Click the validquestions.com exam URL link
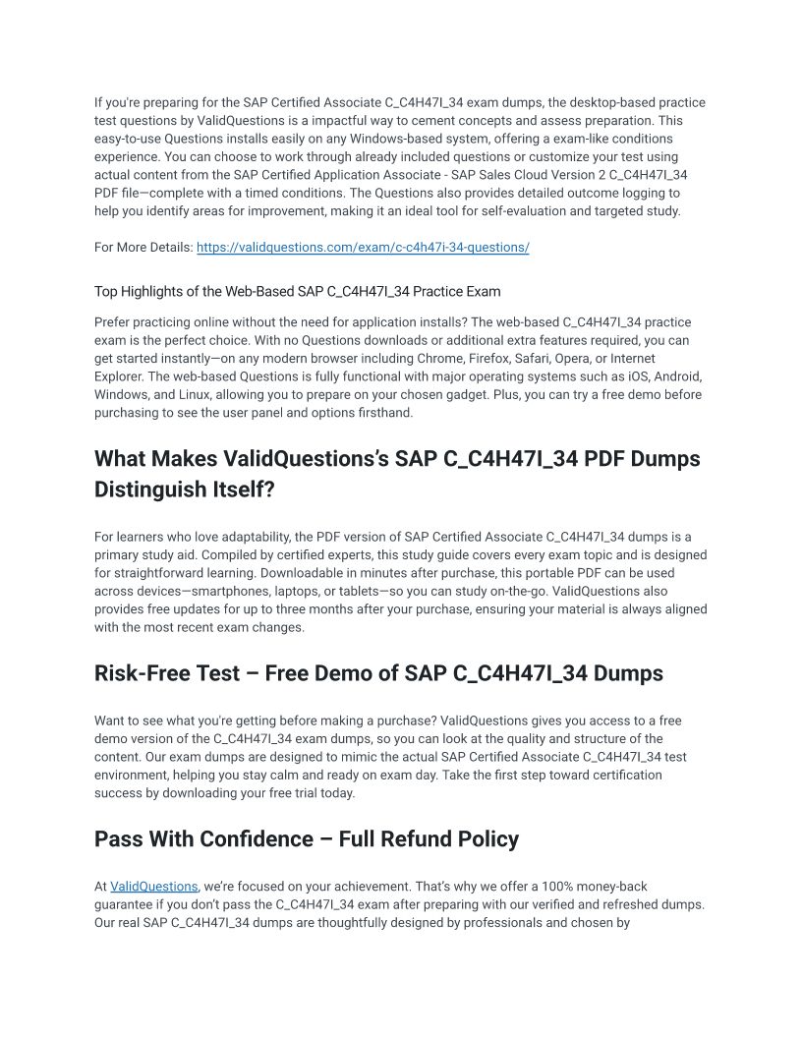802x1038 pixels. point(363,248)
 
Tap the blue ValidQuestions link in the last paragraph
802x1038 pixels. point(153,887)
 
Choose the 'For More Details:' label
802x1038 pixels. point(143,248)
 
